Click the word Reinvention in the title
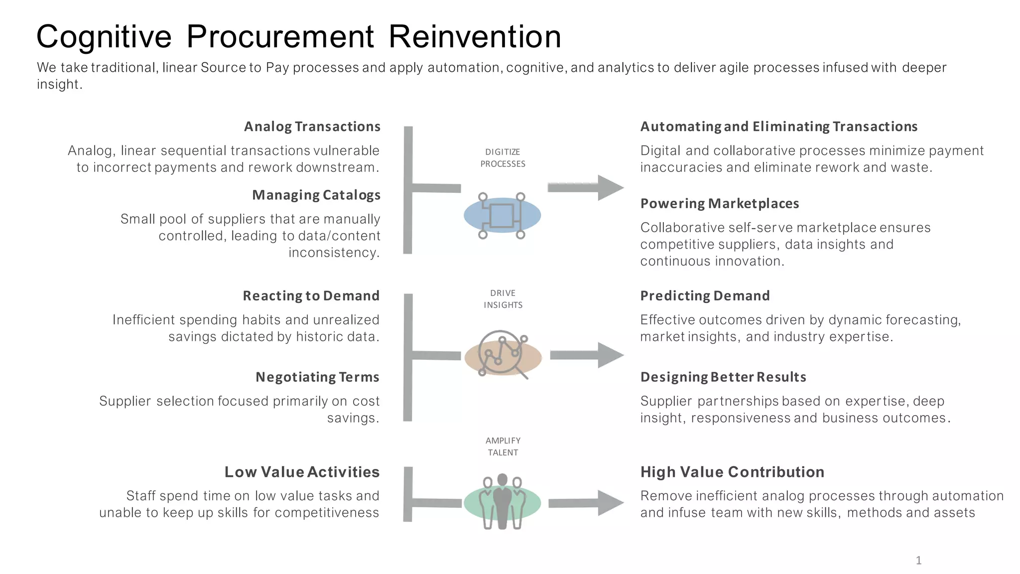(474, 37)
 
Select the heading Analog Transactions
(312, 127)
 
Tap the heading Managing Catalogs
(316, 195)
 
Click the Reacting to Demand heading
(311, 296)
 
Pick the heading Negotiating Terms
(317, 377)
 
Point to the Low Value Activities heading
(302, 472)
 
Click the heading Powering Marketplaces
(719, 203)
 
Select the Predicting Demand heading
(705, 296)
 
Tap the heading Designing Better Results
(723, 377)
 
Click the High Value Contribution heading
(732, 472)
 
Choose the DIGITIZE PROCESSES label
(503, 158)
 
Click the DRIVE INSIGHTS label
(503, 299)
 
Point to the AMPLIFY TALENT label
(503, 446)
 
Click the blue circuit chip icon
(502, 215)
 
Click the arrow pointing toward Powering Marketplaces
(585, 188)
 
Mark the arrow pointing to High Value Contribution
(585, 503)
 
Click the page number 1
(918, 561)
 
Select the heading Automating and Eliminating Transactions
(778, 127)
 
